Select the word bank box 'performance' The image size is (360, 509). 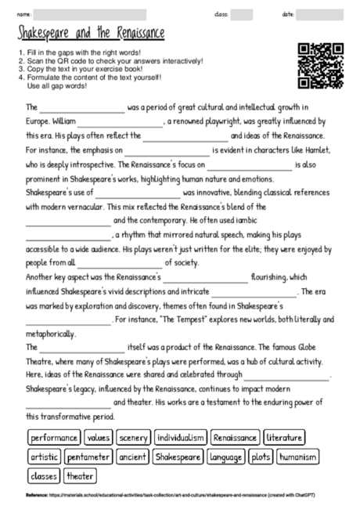54,438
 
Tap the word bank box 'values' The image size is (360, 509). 99,438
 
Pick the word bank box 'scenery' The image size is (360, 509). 134,438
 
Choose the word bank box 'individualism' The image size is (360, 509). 181,438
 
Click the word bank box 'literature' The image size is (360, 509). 284,438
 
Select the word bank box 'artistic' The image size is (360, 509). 44,457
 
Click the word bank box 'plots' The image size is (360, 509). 261,457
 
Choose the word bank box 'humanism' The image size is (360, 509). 298,457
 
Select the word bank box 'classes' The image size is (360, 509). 44,475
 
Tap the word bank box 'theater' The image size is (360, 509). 80,475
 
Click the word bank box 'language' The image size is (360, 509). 226,457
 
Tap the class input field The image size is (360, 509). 241,14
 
